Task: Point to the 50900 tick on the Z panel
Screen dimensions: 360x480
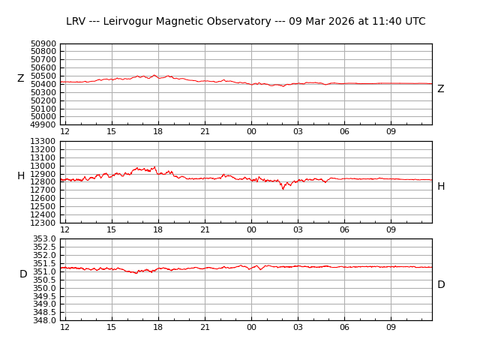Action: pyautogui.click(x=43, y=44)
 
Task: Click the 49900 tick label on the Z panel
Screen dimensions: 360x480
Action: pyautogui.click(x=43, y=125)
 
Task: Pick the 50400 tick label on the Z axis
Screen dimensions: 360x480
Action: pyautogui.click(x=43, y=85)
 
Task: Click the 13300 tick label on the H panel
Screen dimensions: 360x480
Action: pyautogui.click(x=43, y=142)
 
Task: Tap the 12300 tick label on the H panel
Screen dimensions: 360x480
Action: pyautogui.click(x=43, y=223)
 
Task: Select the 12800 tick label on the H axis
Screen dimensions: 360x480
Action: pyautogui.click(x=43, y=182)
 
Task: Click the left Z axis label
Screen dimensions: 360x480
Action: pyautogui.click(x=21, y=79)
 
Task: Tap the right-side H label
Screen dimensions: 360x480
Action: pyautogui.click(x=441, y=187)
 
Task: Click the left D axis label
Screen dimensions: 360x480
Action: pyautogui.click(x=23, y=274)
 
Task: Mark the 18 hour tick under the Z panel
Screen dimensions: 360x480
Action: pyautogui.click(x=158, y=132)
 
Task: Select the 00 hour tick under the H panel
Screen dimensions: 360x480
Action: pyautogui.click(x=251, y=229)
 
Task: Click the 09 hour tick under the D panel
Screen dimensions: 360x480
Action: pyautogui.click(x=391, y=327)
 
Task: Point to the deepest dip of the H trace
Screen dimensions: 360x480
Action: pyautogui.click(x=283, y=189)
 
